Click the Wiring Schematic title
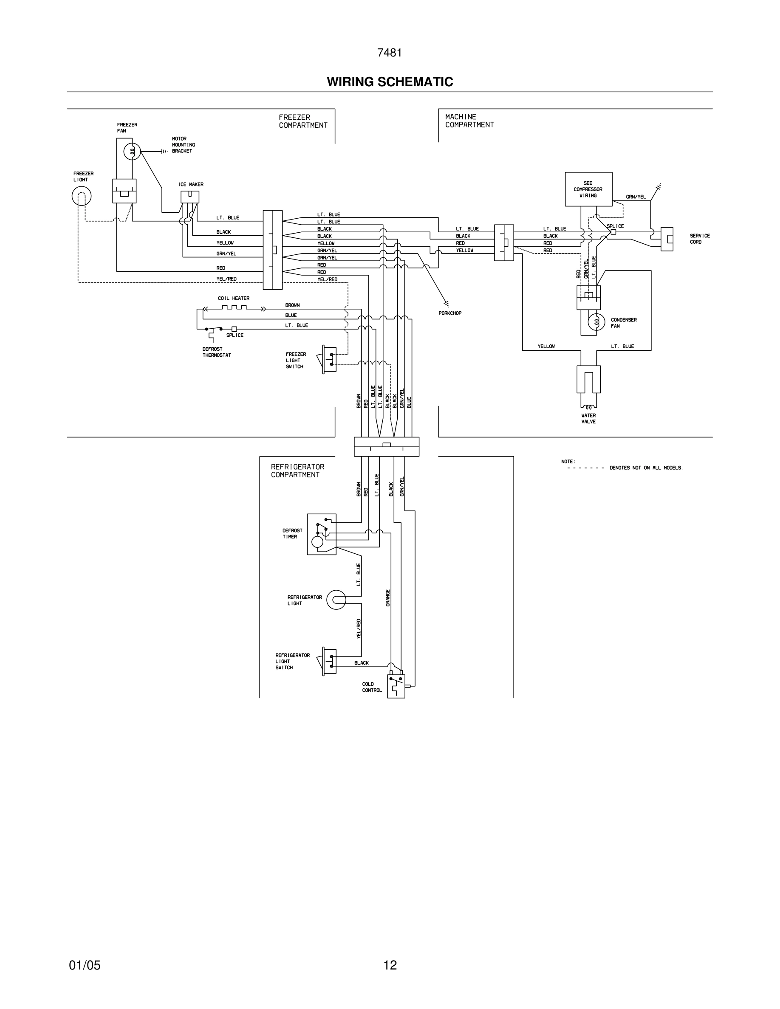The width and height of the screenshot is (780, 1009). click(390, 82)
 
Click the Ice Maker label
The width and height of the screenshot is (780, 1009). click(191, 184)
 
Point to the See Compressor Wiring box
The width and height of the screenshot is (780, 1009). click(588, 189)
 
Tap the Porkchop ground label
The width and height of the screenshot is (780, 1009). click(449, 313)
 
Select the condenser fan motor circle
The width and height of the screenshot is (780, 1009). click(596, 321)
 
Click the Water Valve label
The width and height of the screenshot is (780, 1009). click(588, 419)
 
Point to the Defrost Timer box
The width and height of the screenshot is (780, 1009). click(322, 534)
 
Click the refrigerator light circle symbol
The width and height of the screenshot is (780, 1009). click(336, 600)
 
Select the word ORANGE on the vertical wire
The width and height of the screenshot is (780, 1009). click(388, 598)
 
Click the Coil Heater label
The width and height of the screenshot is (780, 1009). click(233, 299)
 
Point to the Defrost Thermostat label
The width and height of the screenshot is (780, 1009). click(216, 352)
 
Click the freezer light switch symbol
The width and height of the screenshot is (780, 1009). click(329, 358)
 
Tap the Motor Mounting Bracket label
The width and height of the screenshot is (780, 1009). click(183, 145)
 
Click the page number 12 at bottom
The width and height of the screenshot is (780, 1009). click(390, 965)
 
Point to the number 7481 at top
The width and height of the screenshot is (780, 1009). click(389, 53)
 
